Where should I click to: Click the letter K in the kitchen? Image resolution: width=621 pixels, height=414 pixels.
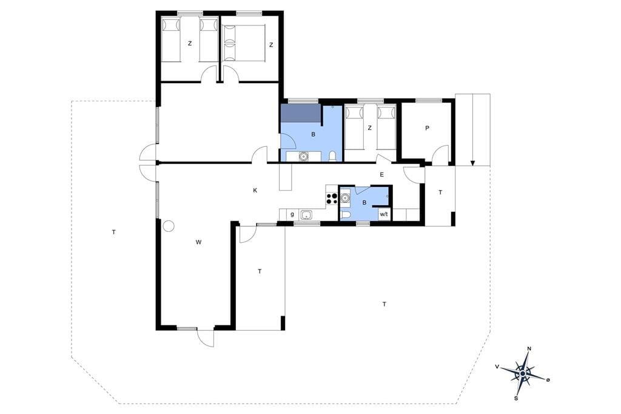click(255, 191)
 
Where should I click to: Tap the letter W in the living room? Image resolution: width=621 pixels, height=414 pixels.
click(198, 242)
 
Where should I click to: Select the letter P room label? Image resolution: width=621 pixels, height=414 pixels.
click(427, 128)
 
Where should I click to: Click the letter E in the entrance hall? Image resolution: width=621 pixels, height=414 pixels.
click(382, 174)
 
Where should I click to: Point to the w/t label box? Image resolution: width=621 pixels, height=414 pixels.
click(383, 214)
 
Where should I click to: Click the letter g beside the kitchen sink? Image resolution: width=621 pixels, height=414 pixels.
click(292, 214)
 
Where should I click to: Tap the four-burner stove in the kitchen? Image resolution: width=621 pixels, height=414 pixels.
click(331, 199)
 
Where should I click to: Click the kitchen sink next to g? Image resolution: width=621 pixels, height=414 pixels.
click(306, 214)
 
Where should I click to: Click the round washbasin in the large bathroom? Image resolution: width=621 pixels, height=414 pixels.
click(303, 157)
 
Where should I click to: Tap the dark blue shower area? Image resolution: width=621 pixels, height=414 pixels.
click(301, 114)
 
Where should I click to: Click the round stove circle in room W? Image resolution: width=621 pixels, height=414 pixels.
click(169, 226)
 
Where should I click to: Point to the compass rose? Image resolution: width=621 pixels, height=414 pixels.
click(523, 373)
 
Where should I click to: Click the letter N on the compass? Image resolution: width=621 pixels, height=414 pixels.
click(529, 349)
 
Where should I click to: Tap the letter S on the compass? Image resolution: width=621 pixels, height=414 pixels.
click(516, 398)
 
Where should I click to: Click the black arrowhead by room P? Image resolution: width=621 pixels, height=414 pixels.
click(472, 163)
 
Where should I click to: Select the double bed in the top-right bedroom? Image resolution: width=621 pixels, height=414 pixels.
click(243, 43)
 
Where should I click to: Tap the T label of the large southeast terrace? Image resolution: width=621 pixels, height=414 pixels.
click(384, 304)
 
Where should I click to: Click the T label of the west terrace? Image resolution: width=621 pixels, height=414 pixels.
click(113, 232)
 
